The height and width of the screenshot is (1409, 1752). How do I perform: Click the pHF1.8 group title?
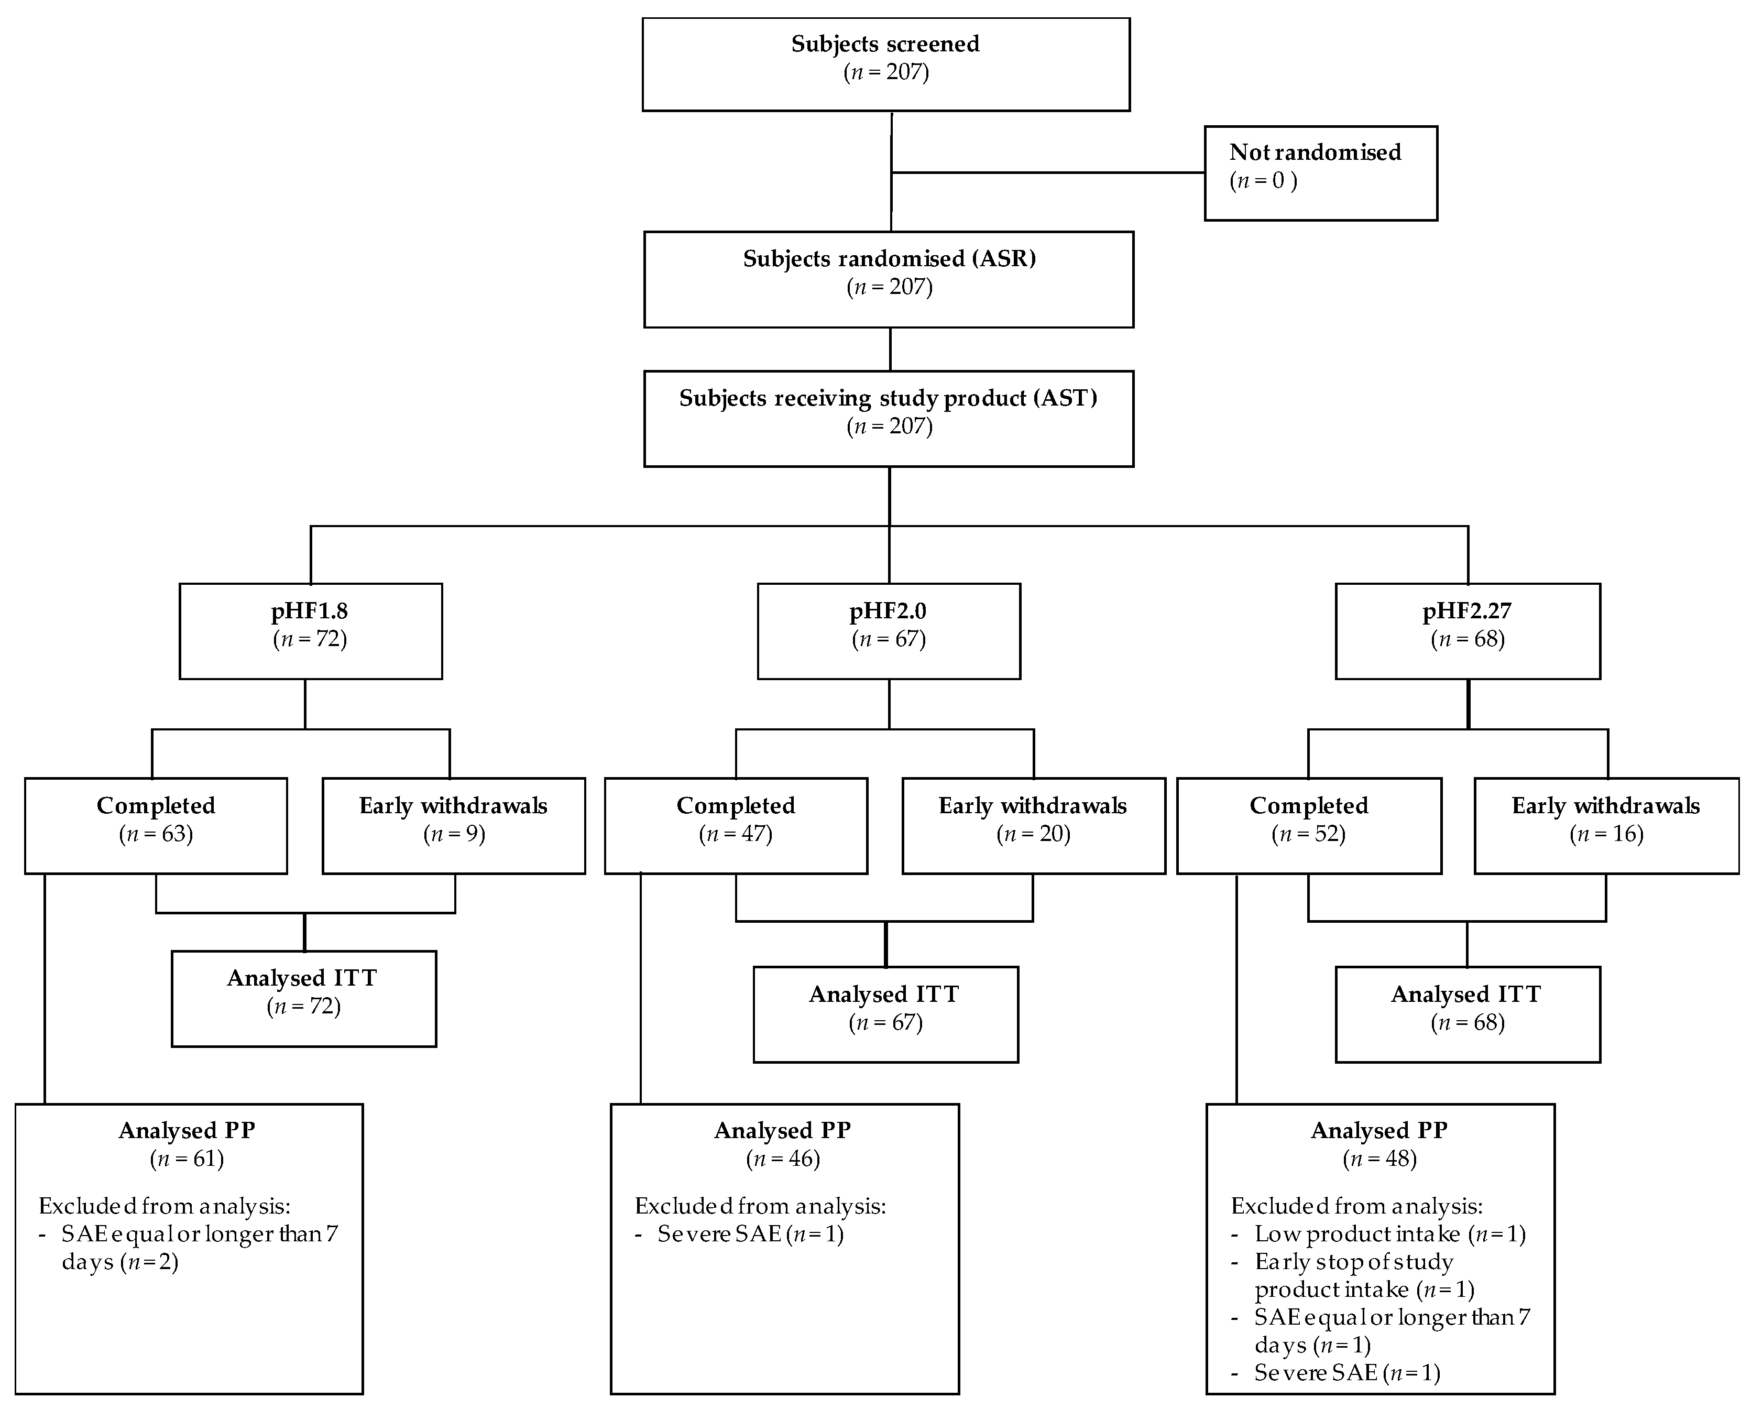pyautogui.click(x=310, y=611)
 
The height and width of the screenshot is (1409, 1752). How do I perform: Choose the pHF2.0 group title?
pyautogui.click(x=888, y=611)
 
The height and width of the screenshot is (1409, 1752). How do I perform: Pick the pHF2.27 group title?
pyautogui.click(x=1467, y=611)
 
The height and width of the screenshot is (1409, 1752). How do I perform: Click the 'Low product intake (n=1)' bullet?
pyautogui.click(x=1389, y=1235)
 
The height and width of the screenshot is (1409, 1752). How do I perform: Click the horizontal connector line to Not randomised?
pyautogui.click(x=1048, y=172)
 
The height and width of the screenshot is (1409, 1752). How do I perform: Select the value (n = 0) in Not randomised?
pyautogui.click(x=1263, y=180)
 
